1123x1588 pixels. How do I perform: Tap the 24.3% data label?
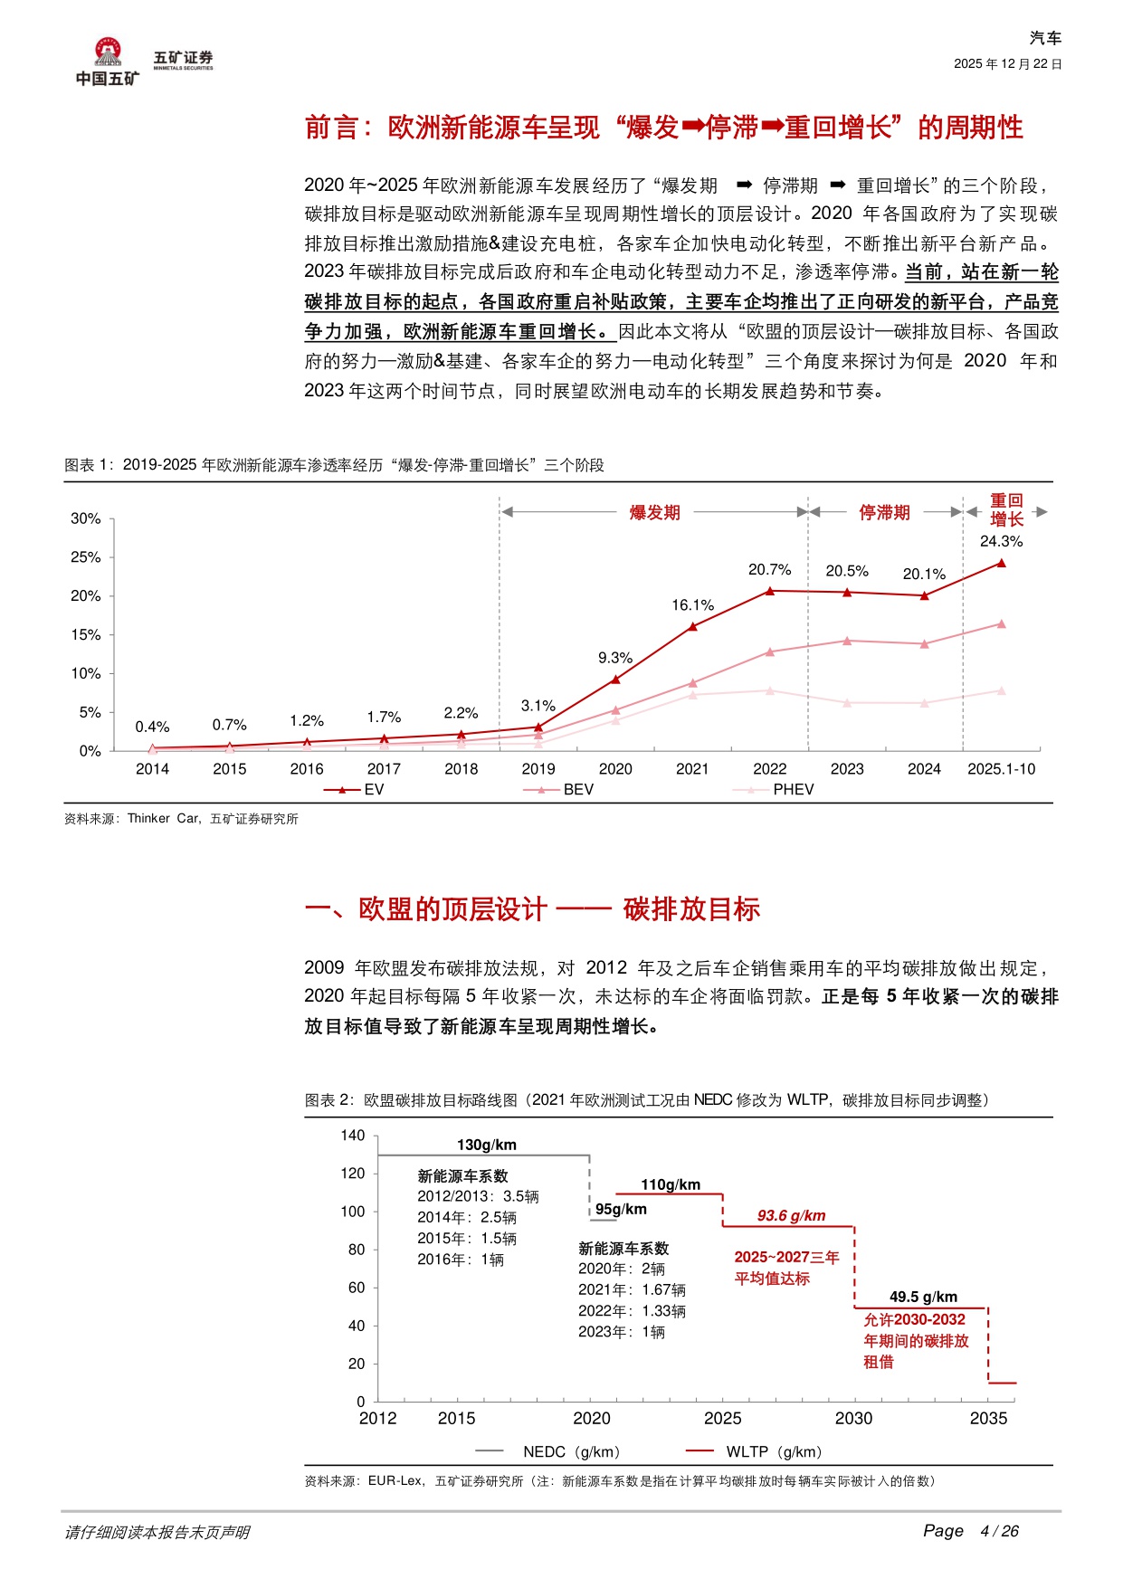click(x=1001, y=541)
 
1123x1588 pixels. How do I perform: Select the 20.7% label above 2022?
click(x=769, y=569)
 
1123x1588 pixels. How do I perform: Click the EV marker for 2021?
click(x=693, y=626)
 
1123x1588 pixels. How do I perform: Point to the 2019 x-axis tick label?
click(x=538, y=769)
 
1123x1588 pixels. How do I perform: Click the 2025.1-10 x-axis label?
click(x=1001, y=769)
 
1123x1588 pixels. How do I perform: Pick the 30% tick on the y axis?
click(x=86, y=518)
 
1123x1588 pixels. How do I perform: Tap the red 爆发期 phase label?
click(x=654, y=512)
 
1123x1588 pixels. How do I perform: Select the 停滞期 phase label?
click(x=884, y=512)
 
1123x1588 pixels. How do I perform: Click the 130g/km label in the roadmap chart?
click(x=487, y=1145)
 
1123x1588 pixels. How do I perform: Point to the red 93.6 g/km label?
click(x=792, y=1215)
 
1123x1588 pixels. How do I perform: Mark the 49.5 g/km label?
click(x=923, y=1297)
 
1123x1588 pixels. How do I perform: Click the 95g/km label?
click(x=621, y=1209)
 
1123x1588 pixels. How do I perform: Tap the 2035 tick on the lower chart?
click(x=988, y=1418)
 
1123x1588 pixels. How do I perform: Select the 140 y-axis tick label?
click(x=353, y=1136)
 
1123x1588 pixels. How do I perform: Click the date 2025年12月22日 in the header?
click(x=1008, y=64)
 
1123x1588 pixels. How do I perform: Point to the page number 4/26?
click(x=999, y=1531)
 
